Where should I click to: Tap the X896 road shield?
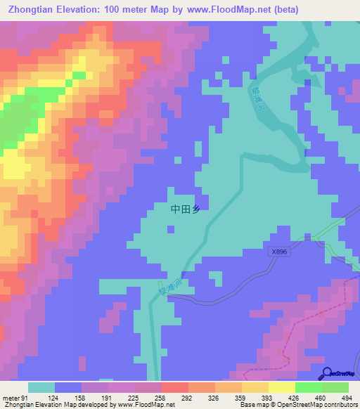tap(279, 252)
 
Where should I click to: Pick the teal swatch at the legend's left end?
tap(41, 387)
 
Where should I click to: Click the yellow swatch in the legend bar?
tap(282, 387)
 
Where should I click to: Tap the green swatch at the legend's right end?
tap(335, 387)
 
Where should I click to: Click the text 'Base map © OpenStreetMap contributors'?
tap(298, 405)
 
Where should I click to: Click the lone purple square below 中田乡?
tap(169, 227)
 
